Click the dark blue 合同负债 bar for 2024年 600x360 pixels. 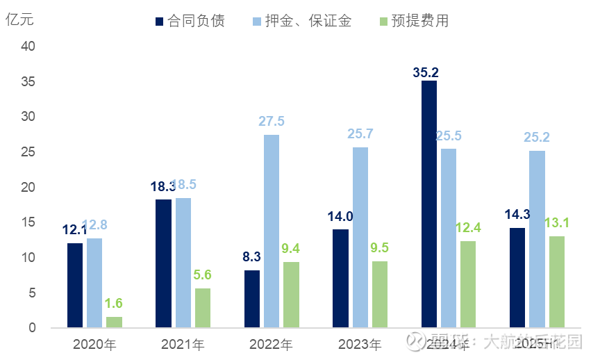point(429,204)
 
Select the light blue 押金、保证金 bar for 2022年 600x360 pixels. point(272,231)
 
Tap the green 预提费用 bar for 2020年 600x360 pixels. point(114,322)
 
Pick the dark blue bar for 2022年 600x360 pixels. point(252,299)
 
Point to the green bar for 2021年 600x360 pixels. point(203,308)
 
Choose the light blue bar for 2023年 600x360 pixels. point(360,237)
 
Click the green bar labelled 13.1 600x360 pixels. point(557,281)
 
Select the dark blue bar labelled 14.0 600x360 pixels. point(341,278)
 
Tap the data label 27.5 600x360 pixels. point(272,122)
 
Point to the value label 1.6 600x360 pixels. point(114,303)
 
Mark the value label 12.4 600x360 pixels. point(468,227)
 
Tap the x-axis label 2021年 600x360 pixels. point(183,344)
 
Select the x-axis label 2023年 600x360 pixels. point(360,344)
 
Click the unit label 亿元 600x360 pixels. point(20,19)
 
